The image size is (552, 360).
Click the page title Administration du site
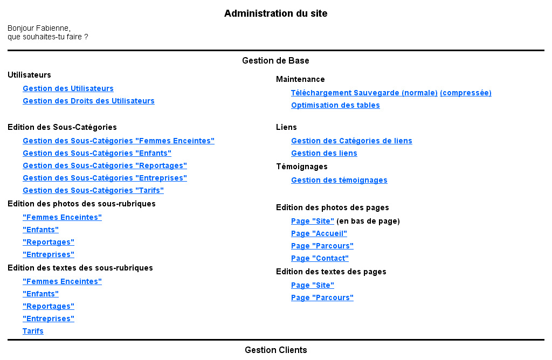[x=275, y=13]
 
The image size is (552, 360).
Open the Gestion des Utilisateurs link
[x=68, y=88]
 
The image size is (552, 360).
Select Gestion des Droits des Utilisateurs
[x=88, y=101]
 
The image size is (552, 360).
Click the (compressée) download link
[x=465, y=93]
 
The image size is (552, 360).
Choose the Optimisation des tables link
[x=335, y=105]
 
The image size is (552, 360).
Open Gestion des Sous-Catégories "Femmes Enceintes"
[x=118, y=141]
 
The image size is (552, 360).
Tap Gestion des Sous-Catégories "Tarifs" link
[x=93, y=190]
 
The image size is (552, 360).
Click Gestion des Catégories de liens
[x=351, y=141]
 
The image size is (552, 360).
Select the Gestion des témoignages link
[x=339, y=180]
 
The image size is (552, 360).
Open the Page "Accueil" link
[x=319, y=233]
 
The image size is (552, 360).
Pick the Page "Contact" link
[x=320, y=258]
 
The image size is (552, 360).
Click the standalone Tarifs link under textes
[x=33, y=331]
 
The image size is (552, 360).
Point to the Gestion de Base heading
[x=275, y=60]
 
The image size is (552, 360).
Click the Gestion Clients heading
[x=275, y=350]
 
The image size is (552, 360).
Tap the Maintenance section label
[x=300, y=79]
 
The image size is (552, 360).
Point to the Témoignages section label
[x=302, y=167]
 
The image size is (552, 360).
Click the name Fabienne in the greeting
[x=53, y=28]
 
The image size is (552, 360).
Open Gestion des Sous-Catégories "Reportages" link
[x=105, y=165]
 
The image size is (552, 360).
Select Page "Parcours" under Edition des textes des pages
[x=322, y=297]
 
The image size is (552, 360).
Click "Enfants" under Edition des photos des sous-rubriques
[x=40, y=230]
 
